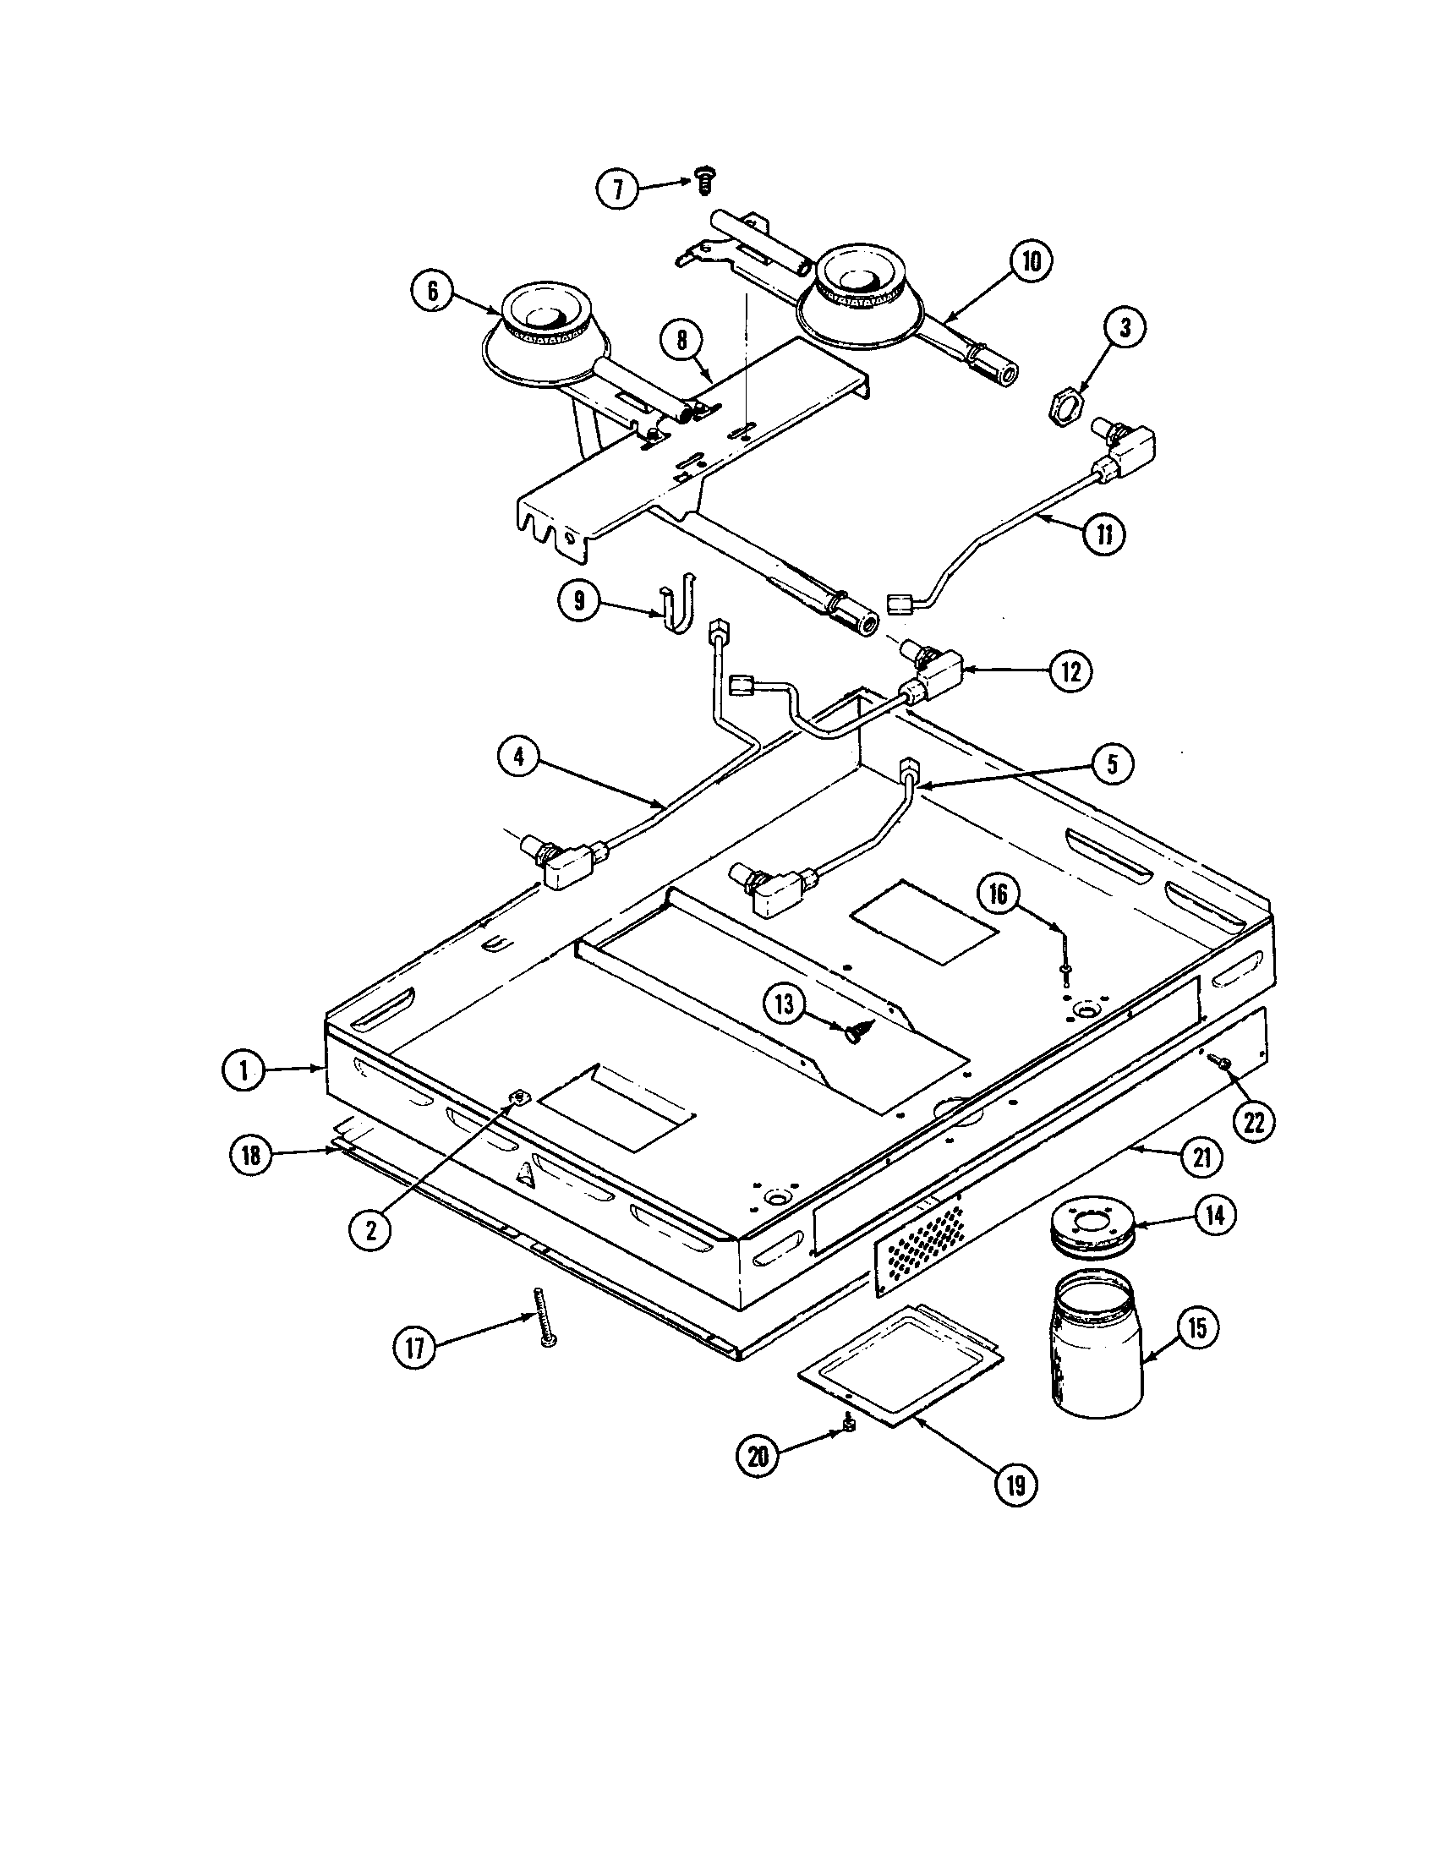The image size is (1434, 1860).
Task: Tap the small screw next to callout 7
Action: (x=703, y=180)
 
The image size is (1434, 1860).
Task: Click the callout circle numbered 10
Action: (x=1031, y=261)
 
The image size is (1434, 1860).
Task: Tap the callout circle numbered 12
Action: (x=1070, y=672)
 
